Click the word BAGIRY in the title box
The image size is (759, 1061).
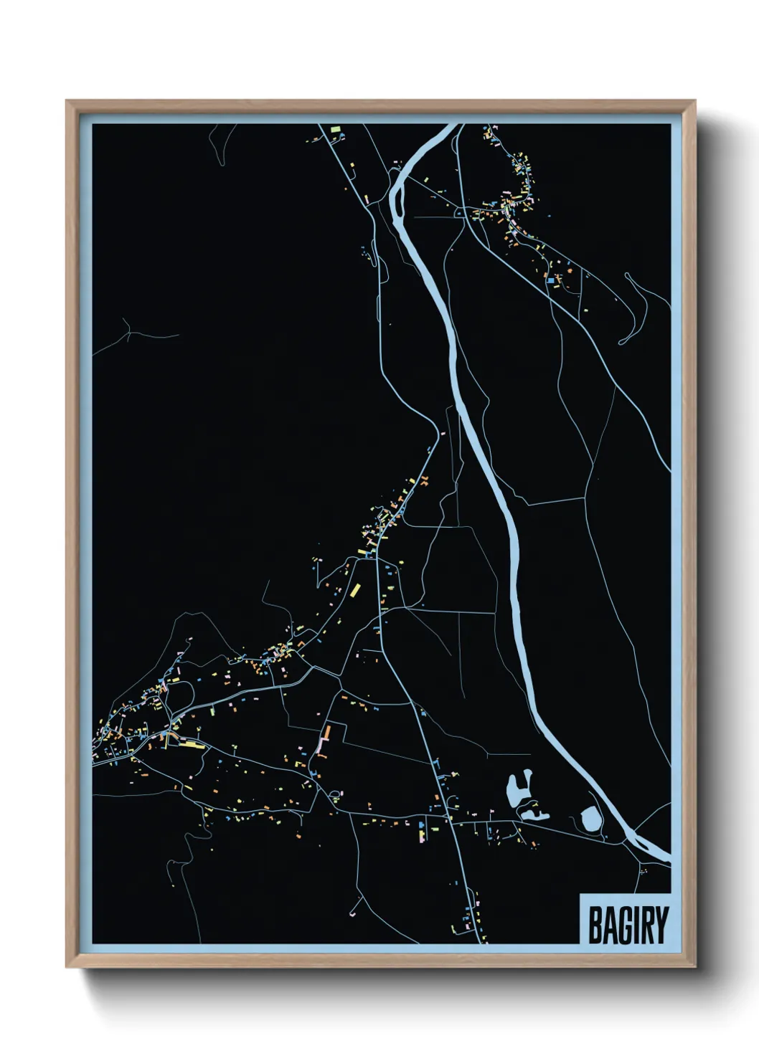pyautogui.click(x=628, y=925)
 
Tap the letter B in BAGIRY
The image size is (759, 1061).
pyautogui.click(x=595, y=926)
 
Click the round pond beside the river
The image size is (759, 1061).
pyautogui.click(x=590, y=818)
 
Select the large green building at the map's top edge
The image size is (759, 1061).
pyautogui.click(x=335, y=129)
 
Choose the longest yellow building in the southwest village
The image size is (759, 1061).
pyautogui.click(x=192, y=745)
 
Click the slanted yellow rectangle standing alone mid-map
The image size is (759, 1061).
pyautogui.click(x=354, y=591)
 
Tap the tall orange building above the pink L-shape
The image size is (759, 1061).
pyautogui.click(x=326, y=733)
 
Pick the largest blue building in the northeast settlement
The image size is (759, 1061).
pyautogui.click(x=550, y=281)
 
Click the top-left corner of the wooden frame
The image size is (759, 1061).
pyautogui.click(x=67, y=101)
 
